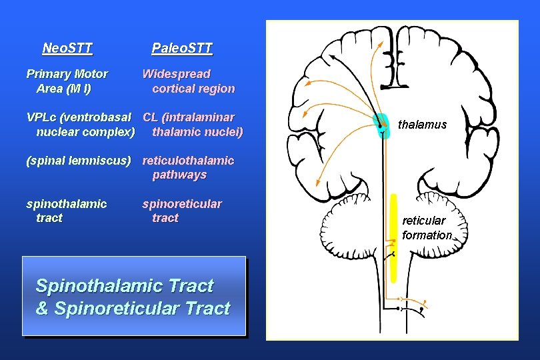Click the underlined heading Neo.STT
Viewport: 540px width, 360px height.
pyautogui.click(x=67, y=48)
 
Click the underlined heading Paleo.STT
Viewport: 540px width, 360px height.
pyautogui.click(x=181, y=48)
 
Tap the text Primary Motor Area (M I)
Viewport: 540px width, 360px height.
pyautogui.click(x=66, y=81)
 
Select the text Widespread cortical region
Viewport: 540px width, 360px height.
pyautogui.click(x=188, y=81)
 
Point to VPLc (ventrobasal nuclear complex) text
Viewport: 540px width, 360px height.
pyautogui.click(x=81, y=125)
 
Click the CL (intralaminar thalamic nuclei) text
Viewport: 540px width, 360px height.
pyautogui.click(x=193, y=125)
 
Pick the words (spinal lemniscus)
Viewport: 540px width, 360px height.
pyautogui.click(x=78, y=161)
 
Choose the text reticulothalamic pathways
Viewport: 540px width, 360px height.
pyautogui.click(x=188, y=167)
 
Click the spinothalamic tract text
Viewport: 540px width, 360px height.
pyautogui.click(x=66, y=211)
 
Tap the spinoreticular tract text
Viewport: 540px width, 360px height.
pyautogui.click(x=182, y=211)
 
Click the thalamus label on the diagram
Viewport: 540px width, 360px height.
pyautogui.click(x=422, y=125)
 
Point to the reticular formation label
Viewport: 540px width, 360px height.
pyautogui.click(x=427, y=227)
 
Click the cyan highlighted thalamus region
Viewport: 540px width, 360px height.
pyautogui.click(x=380, y=123)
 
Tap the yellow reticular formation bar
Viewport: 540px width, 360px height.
pyautogui.click(x=394, y=237)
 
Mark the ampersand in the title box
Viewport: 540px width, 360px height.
pyautogui.click(x=42, y=309)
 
